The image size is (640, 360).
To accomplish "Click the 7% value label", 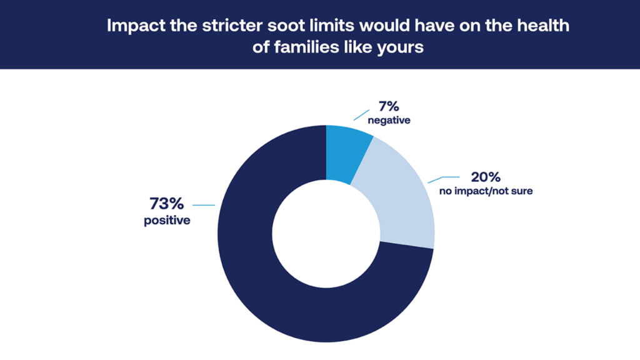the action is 389,106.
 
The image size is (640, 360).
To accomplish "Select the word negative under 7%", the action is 389,121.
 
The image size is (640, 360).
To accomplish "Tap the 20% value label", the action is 486,177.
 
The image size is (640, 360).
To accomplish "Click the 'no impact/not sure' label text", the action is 486,191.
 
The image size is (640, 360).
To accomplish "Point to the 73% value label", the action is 166,203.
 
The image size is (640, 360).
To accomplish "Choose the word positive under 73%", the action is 167,221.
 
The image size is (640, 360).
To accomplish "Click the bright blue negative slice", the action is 347,153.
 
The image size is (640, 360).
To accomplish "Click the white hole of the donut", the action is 326,234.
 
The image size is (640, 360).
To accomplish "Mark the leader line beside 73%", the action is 204,205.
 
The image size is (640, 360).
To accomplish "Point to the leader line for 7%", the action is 361,115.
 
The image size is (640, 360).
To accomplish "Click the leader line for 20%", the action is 443,179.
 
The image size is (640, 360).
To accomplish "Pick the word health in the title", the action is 543,25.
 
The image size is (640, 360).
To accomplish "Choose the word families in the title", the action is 306,47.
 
